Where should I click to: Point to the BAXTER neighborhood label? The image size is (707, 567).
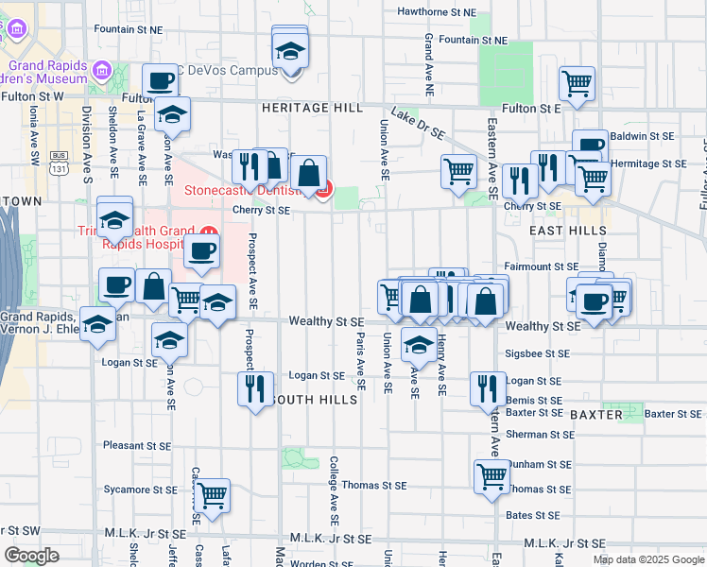point(595,415)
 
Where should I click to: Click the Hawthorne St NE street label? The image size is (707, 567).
point(436,12)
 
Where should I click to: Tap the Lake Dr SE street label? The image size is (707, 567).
point(418,124)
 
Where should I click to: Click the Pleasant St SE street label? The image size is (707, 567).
point(137,445)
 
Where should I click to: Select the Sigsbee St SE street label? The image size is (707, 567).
point(538,353)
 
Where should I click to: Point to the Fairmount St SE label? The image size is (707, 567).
point(540,267)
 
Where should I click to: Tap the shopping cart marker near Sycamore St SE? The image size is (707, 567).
point(212,493)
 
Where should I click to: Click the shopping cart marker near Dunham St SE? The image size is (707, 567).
point(491,474)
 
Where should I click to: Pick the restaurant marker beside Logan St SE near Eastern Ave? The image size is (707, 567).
point(487,387)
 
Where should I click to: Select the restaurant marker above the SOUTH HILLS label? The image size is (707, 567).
point(254,387)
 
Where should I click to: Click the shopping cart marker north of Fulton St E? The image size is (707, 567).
point(576,83)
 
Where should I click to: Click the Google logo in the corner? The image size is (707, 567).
point(31,556)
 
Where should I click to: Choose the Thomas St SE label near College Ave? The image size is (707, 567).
point(373,485)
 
